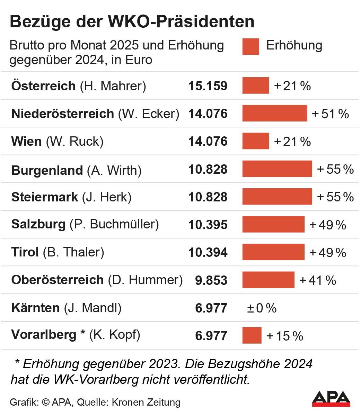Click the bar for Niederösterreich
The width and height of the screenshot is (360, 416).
274,113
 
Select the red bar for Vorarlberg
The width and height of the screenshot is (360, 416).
252,335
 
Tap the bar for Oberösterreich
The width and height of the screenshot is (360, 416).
268,280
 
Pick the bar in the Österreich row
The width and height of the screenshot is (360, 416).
255,85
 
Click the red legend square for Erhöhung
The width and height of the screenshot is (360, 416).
251,46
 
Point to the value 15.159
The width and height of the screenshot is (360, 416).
208,86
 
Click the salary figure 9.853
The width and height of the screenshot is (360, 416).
211,280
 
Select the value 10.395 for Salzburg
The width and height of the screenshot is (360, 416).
208,225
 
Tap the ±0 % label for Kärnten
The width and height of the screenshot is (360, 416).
262,308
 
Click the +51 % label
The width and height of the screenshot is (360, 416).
330,114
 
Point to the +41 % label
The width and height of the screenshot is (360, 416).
318,280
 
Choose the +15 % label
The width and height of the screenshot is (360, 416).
285,336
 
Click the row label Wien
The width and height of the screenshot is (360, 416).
26,141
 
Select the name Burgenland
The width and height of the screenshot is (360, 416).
47,170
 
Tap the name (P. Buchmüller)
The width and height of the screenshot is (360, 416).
114,224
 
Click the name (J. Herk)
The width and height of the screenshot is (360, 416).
107,197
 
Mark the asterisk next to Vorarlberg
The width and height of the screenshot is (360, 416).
82,333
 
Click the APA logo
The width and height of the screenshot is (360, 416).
331,399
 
